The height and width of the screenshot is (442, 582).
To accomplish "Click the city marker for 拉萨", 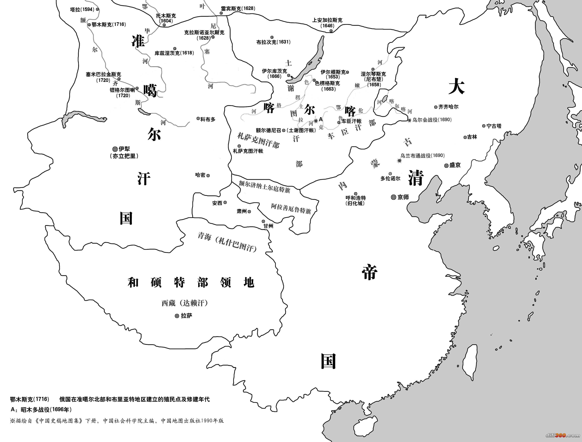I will coord(177,316).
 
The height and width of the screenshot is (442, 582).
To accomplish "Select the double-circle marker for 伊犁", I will coord(115,149).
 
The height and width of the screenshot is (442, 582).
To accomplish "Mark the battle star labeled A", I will coord(316,120).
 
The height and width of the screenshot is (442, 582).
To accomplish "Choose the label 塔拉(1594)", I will coord(82,10).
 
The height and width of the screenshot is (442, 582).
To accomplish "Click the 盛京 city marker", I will coord(446,166).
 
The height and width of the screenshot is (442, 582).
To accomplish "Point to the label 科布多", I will coord(208,119).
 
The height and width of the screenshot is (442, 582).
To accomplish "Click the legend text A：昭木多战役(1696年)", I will coord(41,409).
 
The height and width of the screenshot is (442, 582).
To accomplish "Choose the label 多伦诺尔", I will coord(390,178).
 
